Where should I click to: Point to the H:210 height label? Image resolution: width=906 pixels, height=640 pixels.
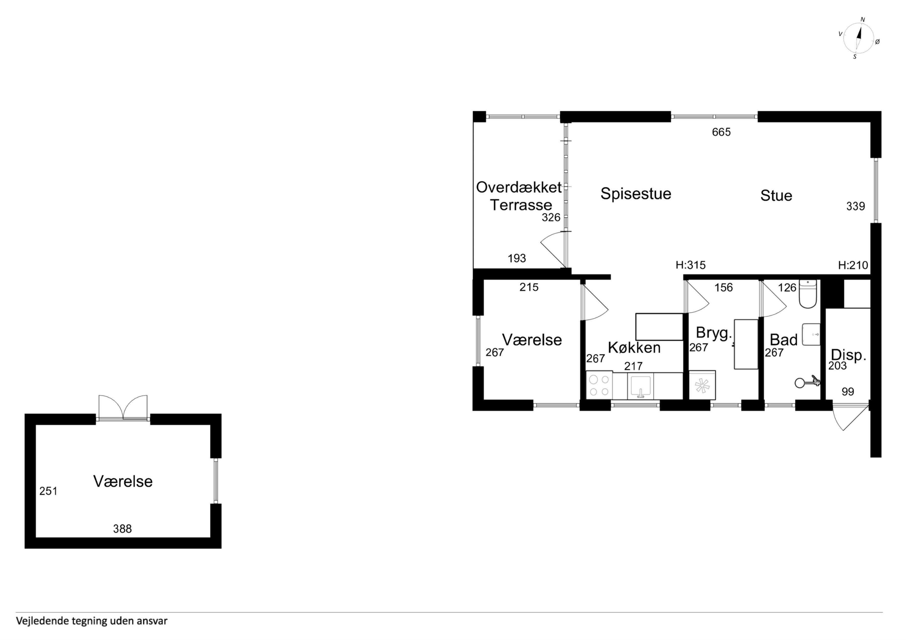[x=853, y=265]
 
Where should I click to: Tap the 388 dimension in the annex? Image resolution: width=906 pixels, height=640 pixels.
[x=122, y=529]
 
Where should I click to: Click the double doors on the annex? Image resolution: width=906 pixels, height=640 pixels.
[x=123, y=408]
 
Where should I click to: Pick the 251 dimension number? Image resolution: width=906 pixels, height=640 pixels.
[x=48, y=491]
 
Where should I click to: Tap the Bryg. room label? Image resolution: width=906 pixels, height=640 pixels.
[x=714, y=333]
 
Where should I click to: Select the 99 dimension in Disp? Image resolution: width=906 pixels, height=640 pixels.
[x=848, y=392]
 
